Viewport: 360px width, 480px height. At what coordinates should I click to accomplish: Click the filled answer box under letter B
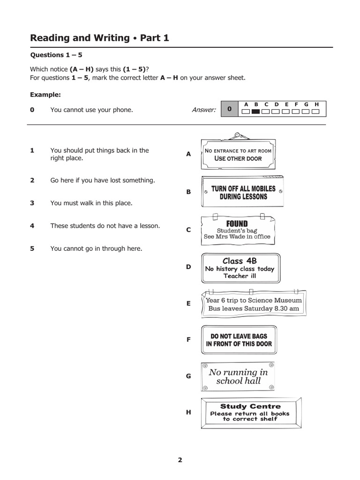pos(256,112)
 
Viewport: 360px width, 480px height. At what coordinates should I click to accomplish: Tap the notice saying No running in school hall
pos(238,376)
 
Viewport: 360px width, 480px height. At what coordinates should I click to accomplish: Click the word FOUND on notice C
pos(237,224)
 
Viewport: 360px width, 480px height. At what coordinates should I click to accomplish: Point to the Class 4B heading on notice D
pos(240,261)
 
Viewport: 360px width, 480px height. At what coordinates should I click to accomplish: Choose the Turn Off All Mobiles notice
pos(243,193)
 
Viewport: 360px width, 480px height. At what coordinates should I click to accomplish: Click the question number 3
pos(32,203)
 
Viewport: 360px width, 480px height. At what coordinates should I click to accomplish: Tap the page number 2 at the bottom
pos(180,460)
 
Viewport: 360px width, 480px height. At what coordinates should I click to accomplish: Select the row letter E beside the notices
pos(188,304)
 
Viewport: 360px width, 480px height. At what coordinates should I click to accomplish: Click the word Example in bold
pos(45,94)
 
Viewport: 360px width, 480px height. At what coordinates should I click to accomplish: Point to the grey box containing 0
pos(229,109)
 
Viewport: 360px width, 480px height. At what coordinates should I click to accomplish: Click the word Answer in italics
pos(203,110)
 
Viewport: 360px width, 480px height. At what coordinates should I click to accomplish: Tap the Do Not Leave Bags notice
pos(239,340)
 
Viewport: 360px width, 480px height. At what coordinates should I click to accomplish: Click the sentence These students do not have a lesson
pos(105,226)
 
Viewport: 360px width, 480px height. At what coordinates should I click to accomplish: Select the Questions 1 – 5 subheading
pos(56,55)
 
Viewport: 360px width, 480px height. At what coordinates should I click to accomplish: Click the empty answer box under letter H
pos(316,112)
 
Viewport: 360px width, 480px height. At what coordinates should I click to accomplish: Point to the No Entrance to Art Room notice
pos(238,154)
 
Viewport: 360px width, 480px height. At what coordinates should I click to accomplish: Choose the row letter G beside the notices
pos(188,376)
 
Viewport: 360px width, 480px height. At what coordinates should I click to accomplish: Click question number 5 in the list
pos(32,248)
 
